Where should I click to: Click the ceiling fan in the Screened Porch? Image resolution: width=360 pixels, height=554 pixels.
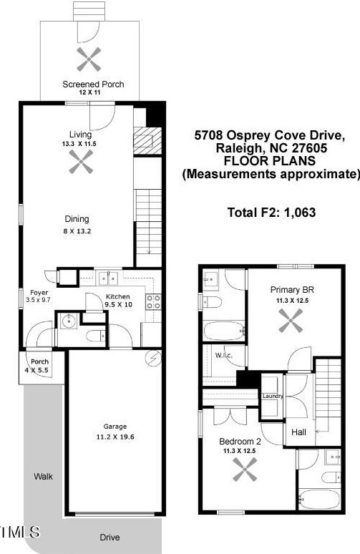[89, 59]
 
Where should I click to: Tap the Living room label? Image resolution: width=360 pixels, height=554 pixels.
[81, 135]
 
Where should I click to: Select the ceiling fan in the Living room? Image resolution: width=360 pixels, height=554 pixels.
[81, 162]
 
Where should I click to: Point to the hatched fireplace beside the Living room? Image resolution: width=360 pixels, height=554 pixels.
[147, 140]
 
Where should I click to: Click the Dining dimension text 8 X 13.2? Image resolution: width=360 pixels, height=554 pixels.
[77, 231]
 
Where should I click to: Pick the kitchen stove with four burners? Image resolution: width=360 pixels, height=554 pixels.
[154, 302]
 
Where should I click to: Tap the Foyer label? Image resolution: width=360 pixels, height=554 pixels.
[39, 293]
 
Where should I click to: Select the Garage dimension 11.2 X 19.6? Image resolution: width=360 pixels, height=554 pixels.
[115, 437]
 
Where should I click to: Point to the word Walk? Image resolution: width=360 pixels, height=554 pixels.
[44, 476]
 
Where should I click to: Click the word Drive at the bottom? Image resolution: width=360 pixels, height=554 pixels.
[110, 537]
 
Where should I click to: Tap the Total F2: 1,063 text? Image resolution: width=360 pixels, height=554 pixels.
[271, 213]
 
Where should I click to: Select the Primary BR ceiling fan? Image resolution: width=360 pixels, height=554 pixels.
[291, 321]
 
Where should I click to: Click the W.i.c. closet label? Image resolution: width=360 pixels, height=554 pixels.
[223, 355]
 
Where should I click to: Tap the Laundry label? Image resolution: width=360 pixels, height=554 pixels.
[273, 396]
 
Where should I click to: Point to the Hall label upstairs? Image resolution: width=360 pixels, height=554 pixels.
[299, 432]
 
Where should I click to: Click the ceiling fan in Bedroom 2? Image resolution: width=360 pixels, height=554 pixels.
[245, 470]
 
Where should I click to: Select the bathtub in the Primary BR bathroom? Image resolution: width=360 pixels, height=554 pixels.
[224, 331]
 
